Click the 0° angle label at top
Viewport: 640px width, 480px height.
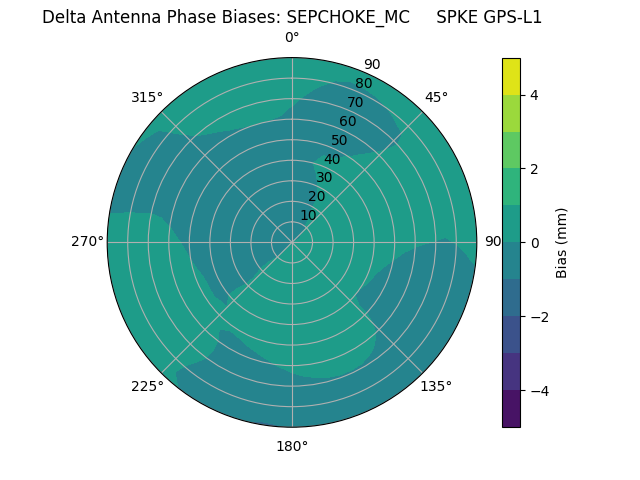pyautogui.click(x=292, y=38)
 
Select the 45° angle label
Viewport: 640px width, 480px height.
pyautogui.click(x=436, y=97)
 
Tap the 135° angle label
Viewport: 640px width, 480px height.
pyautogui.click(x=436, y=386)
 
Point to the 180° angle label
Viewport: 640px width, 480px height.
pyautogui.click(x=292, y=446)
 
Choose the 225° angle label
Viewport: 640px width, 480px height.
pyautogui.click(x=147, y=386)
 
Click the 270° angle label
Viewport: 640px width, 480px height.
pyautogui.click(x=87, y=241)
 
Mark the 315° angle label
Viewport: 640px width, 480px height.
pyautogui.click(x=147, y=97)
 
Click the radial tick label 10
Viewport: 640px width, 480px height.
pyautogui.click(x=308, y=215)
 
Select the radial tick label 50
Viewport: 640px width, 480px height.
pyautogui.click(x=339, y=140)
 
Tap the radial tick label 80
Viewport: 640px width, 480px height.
pyautogui.click(x=363, y=83)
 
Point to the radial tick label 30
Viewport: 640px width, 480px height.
pyautogui.click(x=324, y=178)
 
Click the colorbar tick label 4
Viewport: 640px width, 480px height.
pyautogui.click(x=534, y=95)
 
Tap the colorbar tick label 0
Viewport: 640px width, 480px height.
pyautogui.click(x=534, y=243)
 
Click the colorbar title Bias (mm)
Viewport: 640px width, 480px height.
pyautogui.click(x=562, y=243)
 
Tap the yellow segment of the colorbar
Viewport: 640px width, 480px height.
pyautogui.click(x=511, y=76)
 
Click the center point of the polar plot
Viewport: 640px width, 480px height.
pyautogui.click(x=292, y=242)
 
